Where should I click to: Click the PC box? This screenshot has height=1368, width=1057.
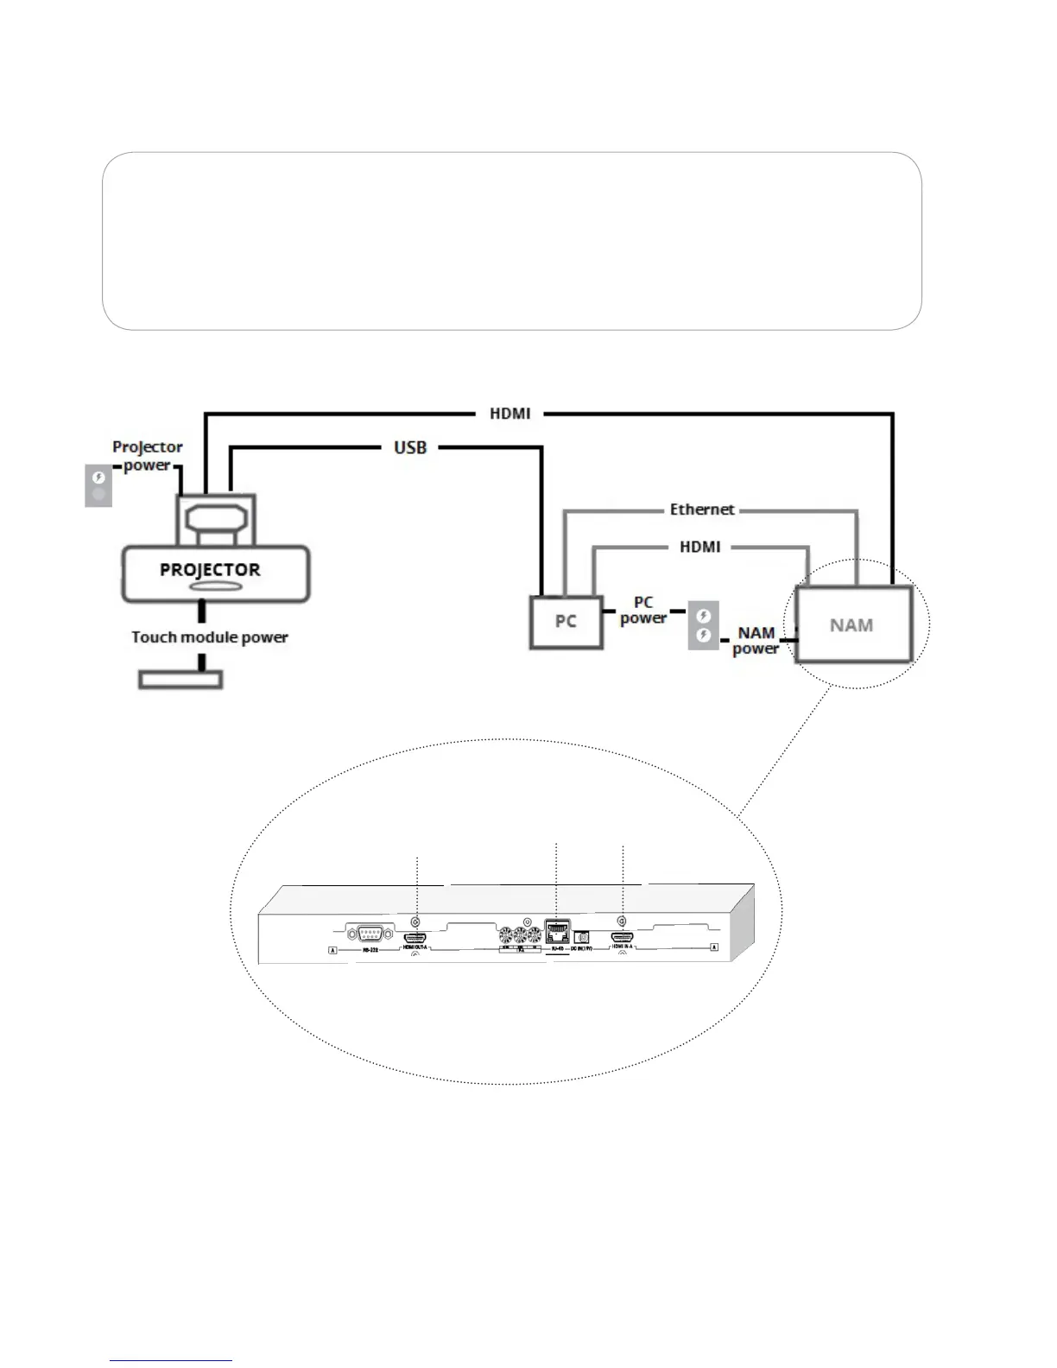[566, 622]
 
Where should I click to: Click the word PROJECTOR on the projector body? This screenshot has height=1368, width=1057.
[210, 570]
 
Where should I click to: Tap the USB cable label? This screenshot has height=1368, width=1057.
[410, 447]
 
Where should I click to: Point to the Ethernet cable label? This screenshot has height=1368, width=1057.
[702, 510]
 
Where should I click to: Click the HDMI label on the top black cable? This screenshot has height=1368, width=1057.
[510, 414]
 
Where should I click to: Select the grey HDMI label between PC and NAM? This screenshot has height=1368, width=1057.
[700, 547]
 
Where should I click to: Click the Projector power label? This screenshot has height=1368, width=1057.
[148, 456]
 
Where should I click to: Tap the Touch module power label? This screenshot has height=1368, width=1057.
[210, 637]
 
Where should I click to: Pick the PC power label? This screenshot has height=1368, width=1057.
[643, 610]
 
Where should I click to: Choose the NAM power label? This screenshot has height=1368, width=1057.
[756, 640]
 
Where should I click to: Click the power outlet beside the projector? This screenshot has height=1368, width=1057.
[98, 485]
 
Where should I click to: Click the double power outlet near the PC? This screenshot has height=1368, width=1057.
[704, 625]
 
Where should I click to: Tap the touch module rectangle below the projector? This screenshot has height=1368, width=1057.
[181, 680]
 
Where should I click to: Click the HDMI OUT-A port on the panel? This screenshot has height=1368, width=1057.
[416, 937]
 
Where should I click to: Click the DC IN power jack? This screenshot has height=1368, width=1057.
[582, 936]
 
